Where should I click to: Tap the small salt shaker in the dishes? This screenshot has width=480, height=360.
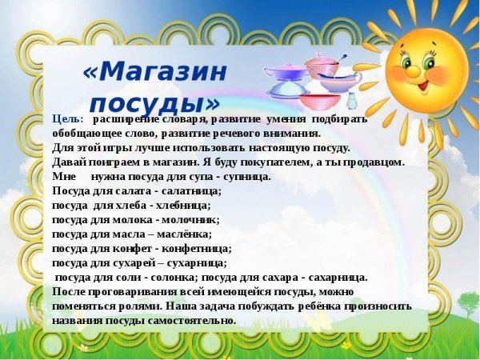[352, 101]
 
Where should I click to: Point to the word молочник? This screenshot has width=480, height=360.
[190, 219]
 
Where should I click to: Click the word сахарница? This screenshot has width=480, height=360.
[335, 277]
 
